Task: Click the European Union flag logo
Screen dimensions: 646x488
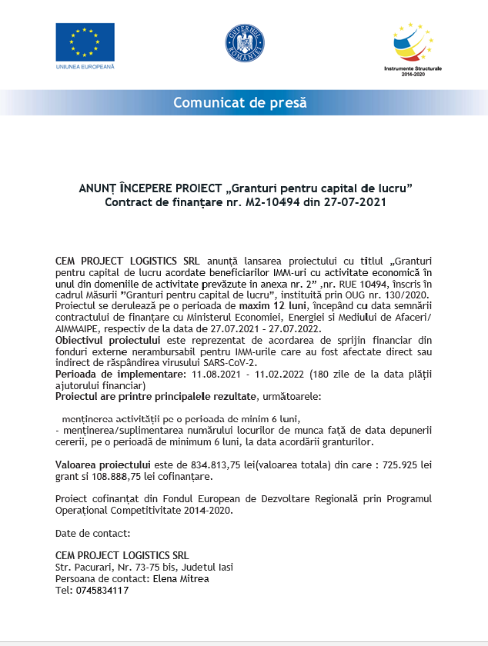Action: coord(85,42)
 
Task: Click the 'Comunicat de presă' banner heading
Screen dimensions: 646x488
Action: coord(239,102)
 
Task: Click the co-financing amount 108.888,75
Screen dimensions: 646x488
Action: coord(115,477)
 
